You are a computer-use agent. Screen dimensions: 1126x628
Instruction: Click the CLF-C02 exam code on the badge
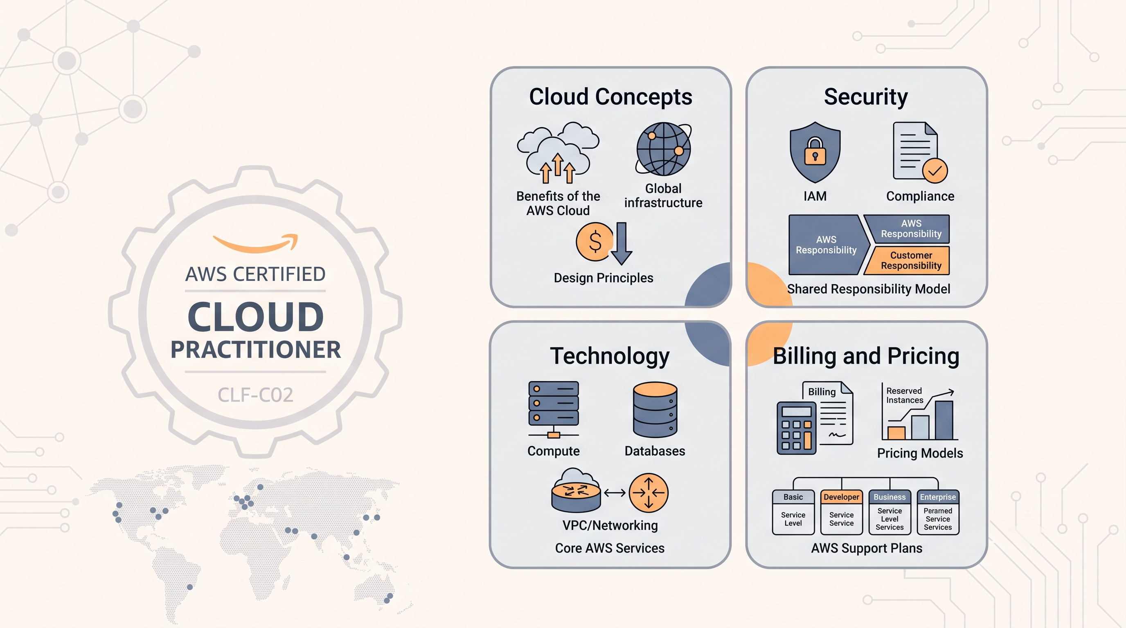click(x=255, y=395)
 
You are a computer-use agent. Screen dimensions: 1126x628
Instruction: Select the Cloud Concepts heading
click(x=610, y=96)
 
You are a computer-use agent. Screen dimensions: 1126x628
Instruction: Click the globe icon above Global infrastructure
click(x=664, y=149)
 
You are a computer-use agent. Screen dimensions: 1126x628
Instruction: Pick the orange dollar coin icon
click(x=595, y=242)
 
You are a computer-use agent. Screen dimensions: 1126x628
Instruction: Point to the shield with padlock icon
click(x=815, y=152)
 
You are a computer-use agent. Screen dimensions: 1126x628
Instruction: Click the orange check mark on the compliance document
click(x=935, y=170)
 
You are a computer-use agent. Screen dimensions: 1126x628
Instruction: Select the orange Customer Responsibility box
click(x=910, y=260)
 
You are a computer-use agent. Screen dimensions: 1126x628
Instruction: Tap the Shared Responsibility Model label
click(x=869, y=289)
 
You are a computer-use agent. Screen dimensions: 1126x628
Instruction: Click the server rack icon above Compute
click(x=553, y=409)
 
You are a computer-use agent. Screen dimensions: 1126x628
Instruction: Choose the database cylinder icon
click(x=655, y=409)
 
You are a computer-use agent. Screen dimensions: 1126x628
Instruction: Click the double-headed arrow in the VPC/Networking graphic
click(x=615, y=493)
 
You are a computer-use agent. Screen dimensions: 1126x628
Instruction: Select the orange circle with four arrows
click(x=649, y=493)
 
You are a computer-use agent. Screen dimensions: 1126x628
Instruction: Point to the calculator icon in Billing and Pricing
click(x=796, y=428)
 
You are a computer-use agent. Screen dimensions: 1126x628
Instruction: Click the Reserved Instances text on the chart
click(x=904, y=395)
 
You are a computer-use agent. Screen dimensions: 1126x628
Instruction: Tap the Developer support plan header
click(x=842, y=497)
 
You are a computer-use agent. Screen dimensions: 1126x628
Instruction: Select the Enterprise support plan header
click(x=938, y=497)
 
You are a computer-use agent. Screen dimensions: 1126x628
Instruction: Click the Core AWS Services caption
click(x=610, y=548)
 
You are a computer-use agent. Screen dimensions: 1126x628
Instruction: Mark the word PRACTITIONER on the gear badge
click(x=256, y=350)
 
